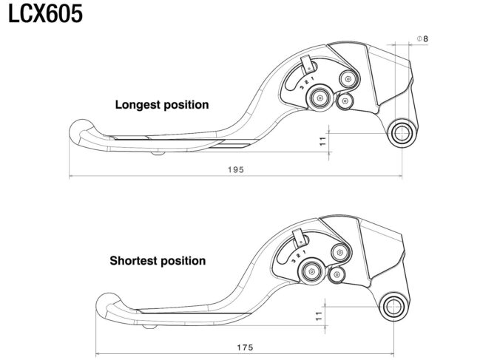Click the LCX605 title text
[x=45, y=14]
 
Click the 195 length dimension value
[x=236, y=170]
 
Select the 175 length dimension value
[x=246, y=347]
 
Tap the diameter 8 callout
[x=422, y=39]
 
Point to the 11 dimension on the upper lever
[x=322, y=141]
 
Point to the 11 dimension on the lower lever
[x=319, y=316]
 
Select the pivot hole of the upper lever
[x=402, y=133]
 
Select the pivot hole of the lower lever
[x=393, y=307]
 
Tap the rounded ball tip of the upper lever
[x=81, y=132]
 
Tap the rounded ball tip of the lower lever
[x=108, y=305]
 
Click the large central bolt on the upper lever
[x=319, y=98]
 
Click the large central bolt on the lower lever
[x=311, y=271]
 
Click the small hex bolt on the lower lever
[x=336, y=274]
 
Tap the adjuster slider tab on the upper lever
[x=307, y=65]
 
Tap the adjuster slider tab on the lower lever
[x=299, y=238]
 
